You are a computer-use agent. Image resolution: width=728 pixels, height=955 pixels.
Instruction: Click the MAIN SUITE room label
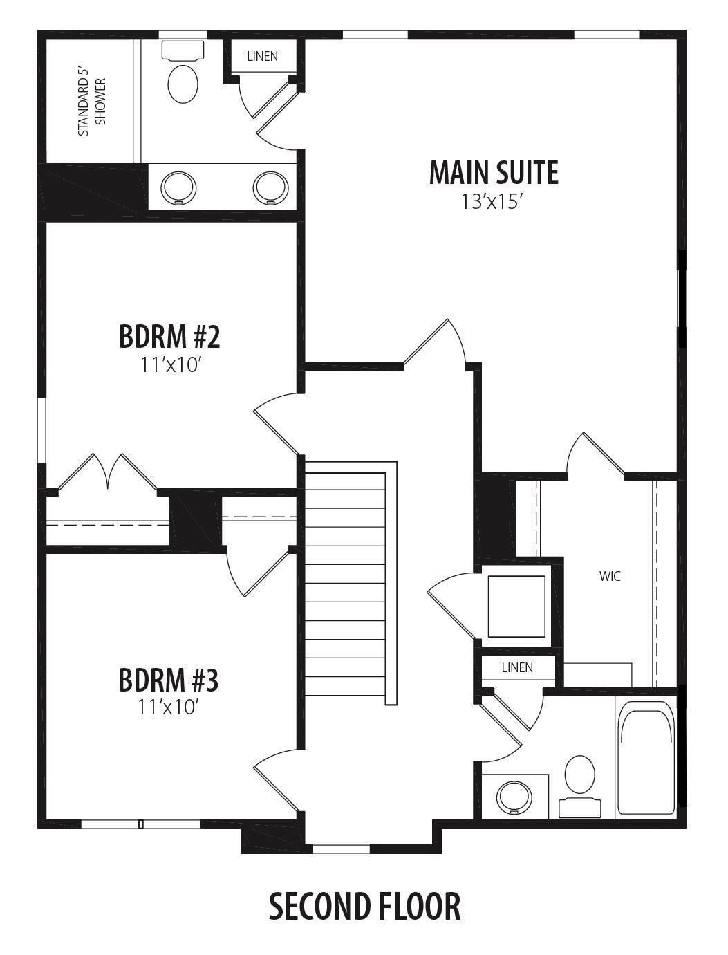point(494,173)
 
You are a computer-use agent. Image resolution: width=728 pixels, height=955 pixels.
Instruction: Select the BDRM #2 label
point(169,337)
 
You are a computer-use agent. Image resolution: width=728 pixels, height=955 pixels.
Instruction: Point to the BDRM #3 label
point(169,680)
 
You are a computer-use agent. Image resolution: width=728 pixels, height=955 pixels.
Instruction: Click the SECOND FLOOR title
point(364,907)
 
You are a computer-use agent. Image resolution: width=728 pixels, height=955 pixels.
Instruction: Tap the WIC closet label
point(610,575)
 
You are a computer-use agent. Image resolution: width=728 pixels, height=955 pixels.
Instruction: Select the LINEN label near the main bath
point(262,56)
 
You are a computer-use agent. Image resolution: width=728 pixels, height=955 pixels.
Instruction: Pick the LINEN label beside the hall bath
point(517,667)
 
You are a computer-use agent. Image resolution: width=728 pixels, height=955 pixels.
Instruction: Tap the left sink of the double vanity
point(178,187)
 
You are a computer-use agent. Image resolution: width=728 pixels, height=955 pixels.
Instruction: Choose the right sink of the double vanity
point(270,187)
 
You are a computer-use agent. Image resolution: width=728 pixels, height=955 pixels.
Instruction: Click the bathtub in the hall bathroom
point(645,758)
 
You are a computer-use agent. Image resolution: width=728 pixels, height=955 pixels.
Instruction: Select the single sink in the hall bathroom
point(513,797)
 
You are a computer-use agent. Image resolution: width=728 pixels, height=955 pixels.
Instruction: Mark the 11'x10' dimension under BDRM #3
point(169,707)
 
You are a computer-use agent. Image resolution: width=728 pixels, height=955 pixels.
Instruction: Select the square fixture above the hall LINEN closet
point(516,606)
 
